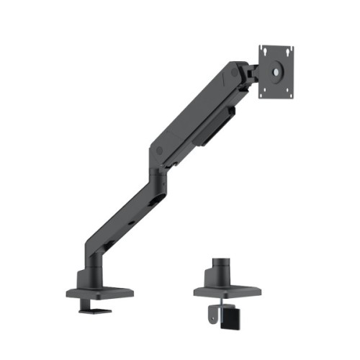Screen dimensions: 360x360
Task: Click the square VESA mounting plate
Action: [x=276, y=71]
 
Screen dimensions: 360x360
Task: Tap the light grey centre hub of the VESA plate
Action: [x=277, y=72]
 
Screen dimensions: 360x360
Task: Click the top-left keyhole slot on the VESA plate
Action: [x=266, y=52]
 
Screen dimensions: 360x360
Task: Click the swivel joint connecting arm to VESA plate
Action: [x=251, y=73]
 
